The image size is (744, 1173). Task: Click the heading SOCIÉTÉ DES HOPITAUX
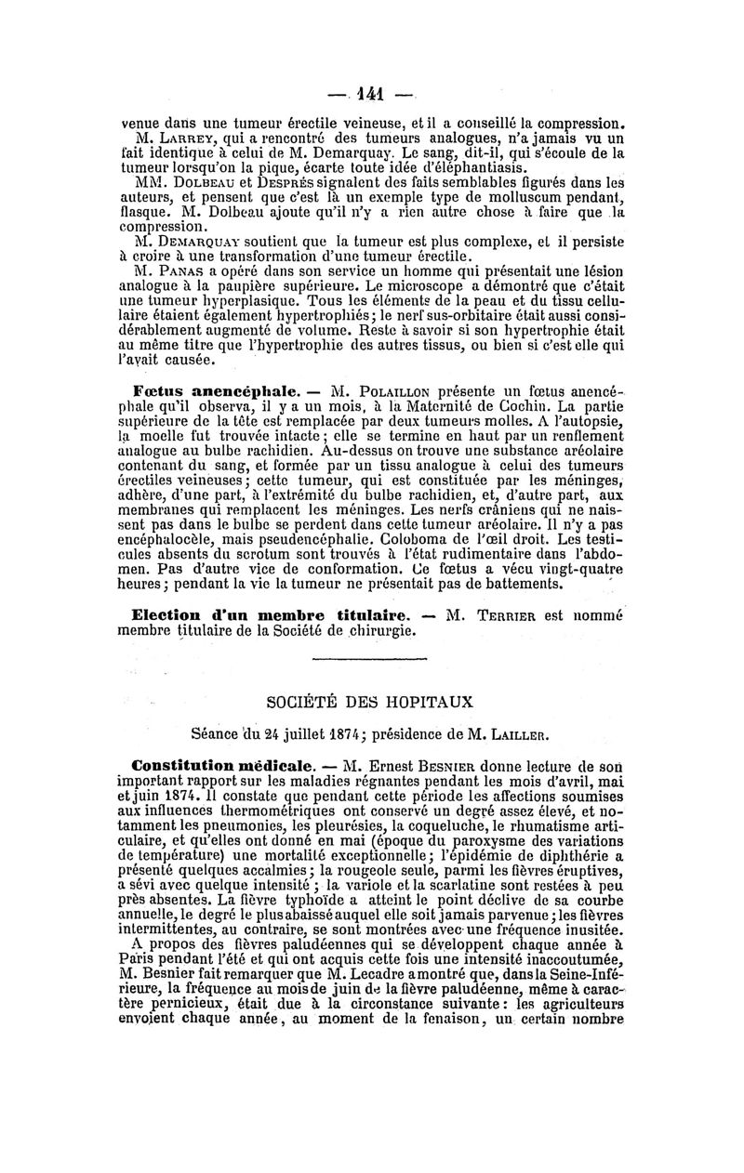click(371, 701)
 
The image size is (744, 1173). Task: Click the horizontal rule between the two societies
click(371, 659)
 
